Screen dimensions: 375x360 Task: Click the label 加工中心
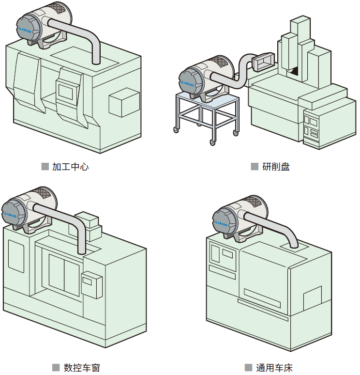click(x=70, y=167)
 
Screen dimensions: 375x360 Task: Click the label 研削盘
click(x=276, y=167)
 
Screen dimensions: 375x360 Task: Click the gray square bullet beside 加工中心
click(x=45, y=167)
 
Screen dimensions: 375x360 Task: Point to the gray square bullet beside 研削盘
click(x=255, y=167)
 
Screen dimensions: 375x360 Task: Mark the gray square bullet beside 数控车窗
click(x=56, y=367)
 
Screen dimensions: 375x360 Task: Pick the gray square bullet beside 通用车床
click(x=249, y=367)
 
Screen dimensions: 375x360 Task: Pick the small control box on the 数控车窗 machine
click(x=91, y=284)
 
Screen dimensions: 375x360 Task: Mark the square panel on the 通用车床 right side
click(x=312, y=298)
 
